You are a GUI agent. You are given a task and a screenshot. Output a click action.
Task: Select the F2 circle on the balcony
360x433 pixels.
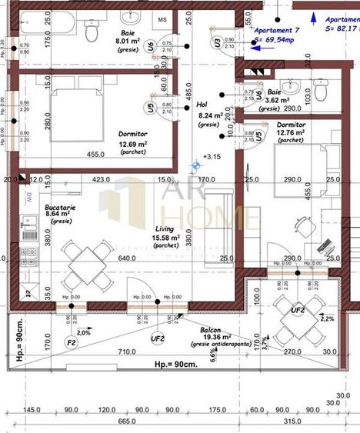pos(71,341)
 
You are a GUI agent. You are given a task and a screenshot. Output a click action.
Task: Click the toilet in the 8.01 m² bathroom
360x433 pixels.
pos(92,32)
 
